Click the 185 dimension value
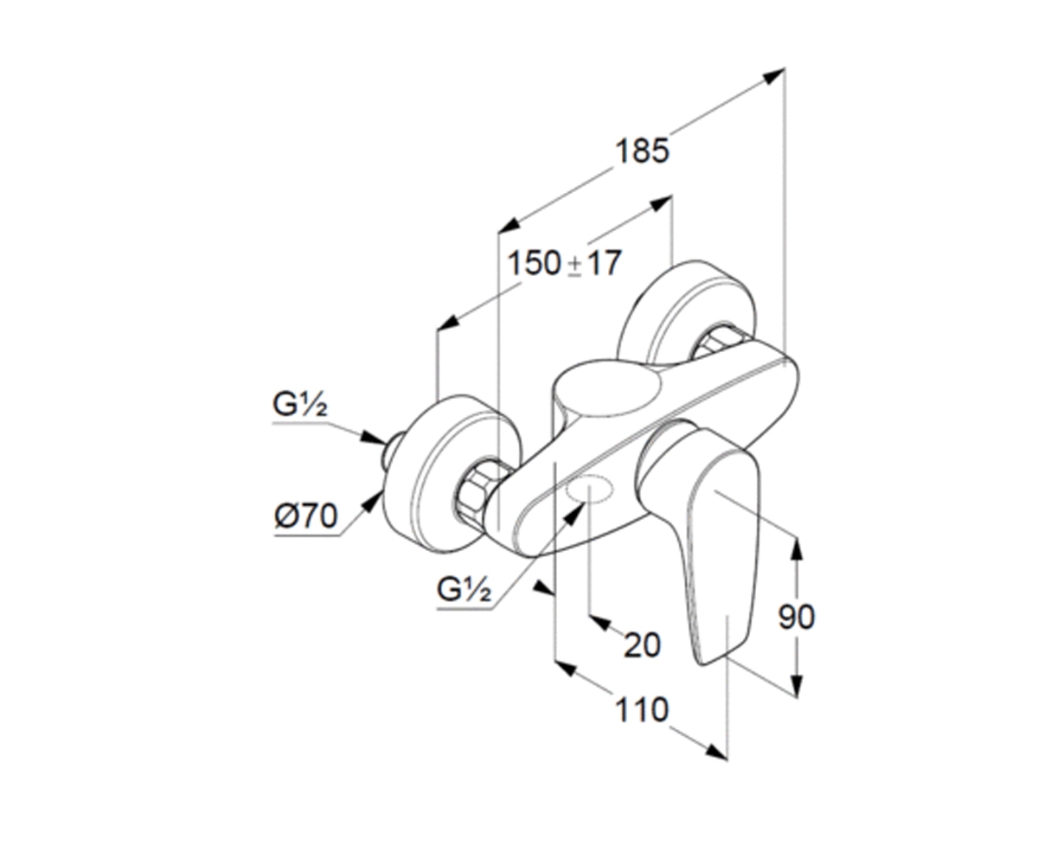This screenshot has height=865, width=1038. [643, 151]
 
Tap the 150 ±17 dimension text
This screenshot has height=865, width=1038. [564, 263]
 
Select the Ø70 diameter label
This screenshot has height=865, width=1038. [306, 516]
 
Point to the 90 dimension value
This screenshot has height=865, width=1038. [796, 617]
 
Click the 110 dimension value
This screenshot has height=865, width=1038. [642, 710]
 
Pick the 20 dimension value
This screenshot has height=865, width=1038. [642, 645]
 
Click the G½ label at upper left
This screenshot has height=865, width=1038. [300, 405]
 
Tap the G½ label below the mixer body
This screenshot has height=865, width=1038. [465, 590]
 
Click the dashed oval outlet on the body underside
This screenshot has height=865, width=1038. [590, 488]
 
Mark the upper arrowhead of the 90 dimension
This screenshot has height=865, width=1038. [797, 548]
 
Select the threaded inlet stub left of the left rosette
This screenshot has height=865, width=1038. [392, 450]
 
